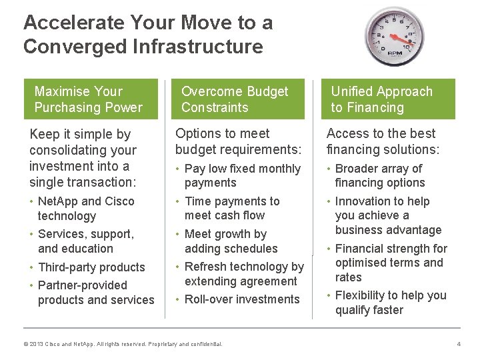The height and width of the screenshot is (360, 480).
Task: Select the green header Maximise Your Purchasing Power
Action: tap(89, 99)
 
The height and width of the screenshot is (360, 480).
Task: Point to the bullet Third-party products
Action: tap(91, 267)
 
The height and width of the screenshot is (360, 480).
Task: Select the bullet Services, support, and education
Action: tap(85, 241)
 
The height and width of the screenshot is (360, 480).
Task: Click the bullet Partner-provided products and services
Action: tap(95, 293)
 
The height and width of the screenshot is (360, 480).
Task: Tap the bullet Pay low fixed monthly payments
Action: tap(242, 176)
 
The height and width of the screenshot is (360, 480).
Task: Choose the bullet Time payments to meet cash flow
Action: tap(231, 208)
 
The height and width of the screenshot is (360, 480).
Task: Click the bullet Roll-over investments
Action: tap(241, 299)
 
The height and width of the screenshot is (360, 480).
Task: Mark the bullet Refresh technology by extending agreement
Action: tap(243, 274)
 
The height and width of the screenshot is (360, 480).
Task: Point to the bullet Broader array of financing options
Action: tap(379, 176)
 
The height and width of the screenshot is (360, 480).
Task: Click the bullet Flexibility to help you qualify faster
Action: tap(390, 303)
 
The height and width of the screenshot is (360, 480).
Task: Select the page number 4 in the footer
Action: tap(458, 343)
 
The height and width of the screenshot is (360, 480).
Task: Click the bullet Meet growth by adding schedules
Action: tap(231, 241)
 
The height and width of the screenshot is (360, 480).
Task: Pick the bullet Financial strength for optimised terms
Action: tap(391, 263)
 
